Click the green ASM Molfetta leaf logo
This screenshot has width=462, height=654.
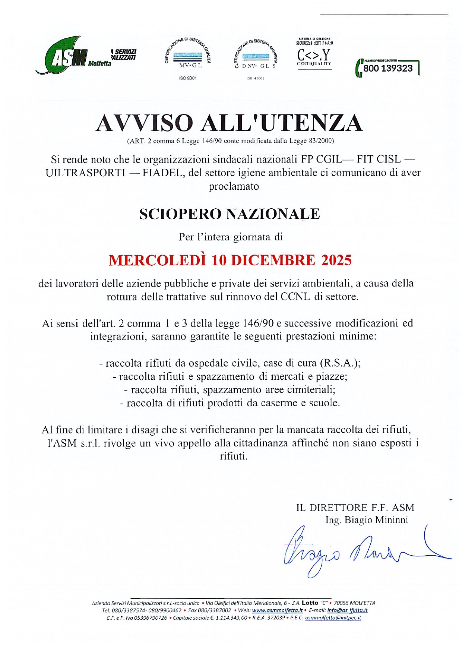pyautogui.click(x=63, y=56)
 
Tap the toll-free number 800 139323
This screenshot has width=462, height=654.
pyautogui.click(x=388, y=68)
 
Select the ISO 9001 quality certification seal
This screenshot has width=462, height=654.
pyautogui.click(x=188, y=56)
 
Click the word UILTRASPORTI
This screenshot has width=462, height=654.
pyautogui.click(x=85, y=173)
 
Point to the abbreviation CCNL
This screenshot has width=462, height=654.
pyautogui.click(x=295, y=297)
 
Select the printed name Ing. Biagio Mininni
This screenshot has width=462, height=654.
pyautogui.click(x=367, y=520)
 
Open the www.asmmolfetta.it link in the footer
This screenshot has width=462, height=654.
pyautogui.click(x=277, y=610)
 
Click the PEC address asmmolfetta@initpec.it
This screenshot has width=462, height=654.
pyautogui.click(x=333, y=617)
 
